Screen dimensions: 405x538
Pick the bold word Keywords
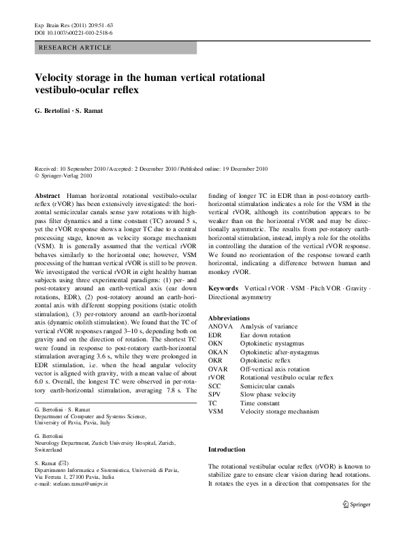pos(223,288)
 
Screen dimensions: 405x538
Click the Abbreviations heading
pos(230,318)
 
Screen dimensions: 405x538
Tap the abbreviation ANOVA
pos(219,327)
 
